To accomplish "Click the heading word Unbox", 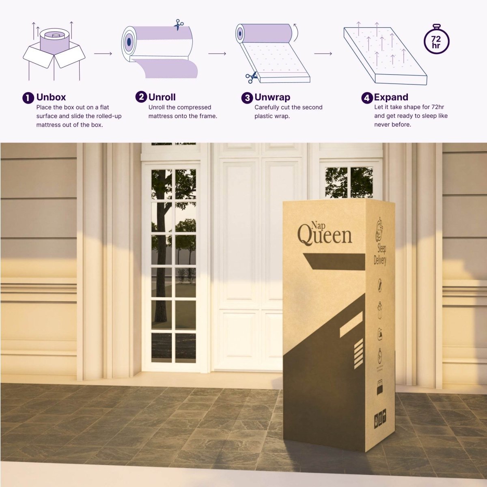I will point(51,97).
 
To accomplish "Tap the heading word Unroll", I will point(162,97).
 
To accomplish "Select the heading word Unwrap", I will point(272,97).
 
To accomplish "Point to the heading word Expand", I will point(391,97).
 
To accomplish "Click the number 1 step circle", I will point(28,98).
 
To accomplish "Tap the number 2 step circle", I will point(141,97).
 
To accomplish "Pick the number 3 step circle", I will point(247,98).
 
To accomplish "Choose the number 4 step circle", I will point(367,98).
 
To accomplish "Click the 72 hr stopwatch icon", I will point(436,41).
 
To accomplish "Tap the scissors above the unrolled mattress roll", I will point(177,26).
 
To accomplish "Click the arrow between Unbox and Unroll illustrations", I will point(103,53).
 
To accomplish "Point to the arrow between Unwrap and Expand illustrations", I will point(323,53).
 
